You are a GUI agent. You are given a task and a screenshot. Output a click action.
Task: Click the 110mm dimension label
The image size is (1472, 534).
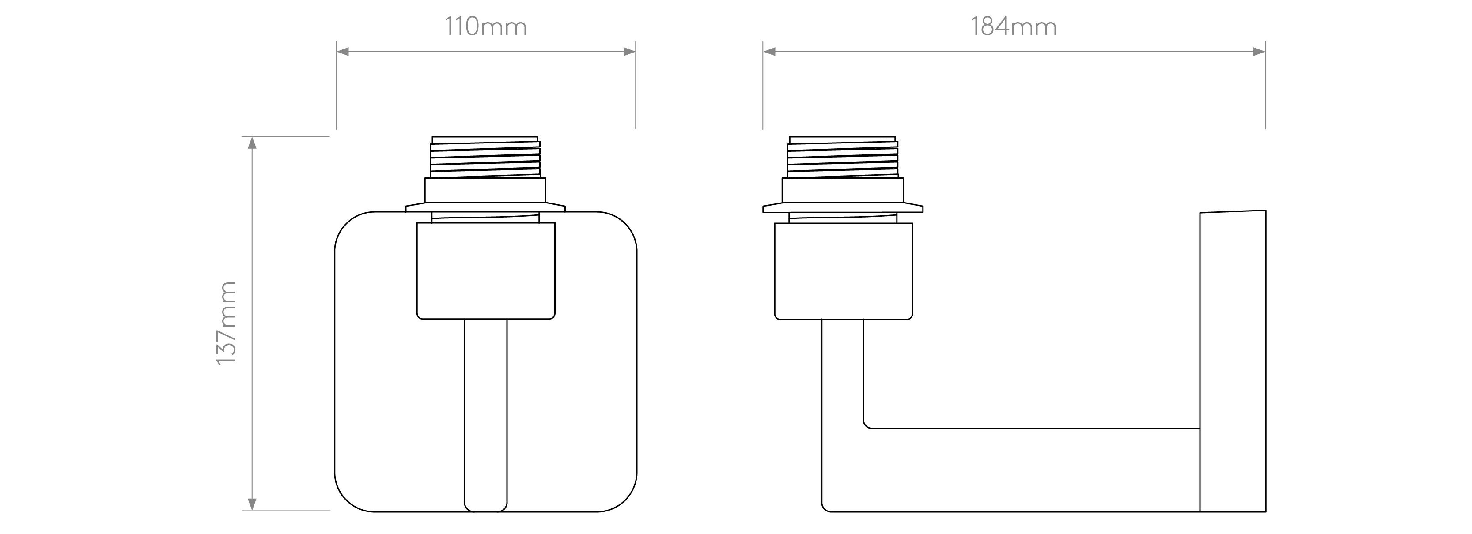[486, 27]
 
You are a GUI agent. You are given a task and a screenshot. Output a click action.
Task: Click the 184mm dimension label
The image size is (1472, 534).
[1013, 27]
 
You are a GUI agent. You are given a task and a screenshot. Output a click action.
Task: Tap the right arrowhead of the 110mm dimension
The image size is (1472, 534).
[629, 52]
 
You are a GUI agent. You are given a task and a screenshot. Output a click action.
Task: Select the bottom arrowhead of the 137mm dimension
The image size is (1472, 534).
[252, 504]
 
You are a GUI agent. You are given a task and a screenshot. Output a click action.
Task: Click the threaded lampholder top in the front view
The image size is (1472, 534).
[485, 158]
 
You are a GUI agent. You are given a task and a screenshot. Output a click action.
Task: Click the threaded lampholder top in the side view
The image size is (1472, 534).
[842, 158]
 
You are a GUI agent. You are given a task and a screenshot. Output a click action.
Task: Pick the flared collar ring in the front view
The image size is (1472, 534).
[485, 207]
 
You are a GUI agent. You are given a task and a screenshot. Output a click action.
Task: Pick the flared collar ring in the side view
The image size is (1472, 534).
[842, 207]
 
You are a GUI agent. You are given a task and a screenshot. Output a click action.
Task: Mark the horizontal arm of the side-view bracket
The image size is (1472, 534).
[1029, 470]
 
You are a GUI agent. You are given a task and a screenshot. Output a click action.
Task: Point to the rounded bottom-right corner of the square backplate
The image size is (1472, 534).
[624, 499]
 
